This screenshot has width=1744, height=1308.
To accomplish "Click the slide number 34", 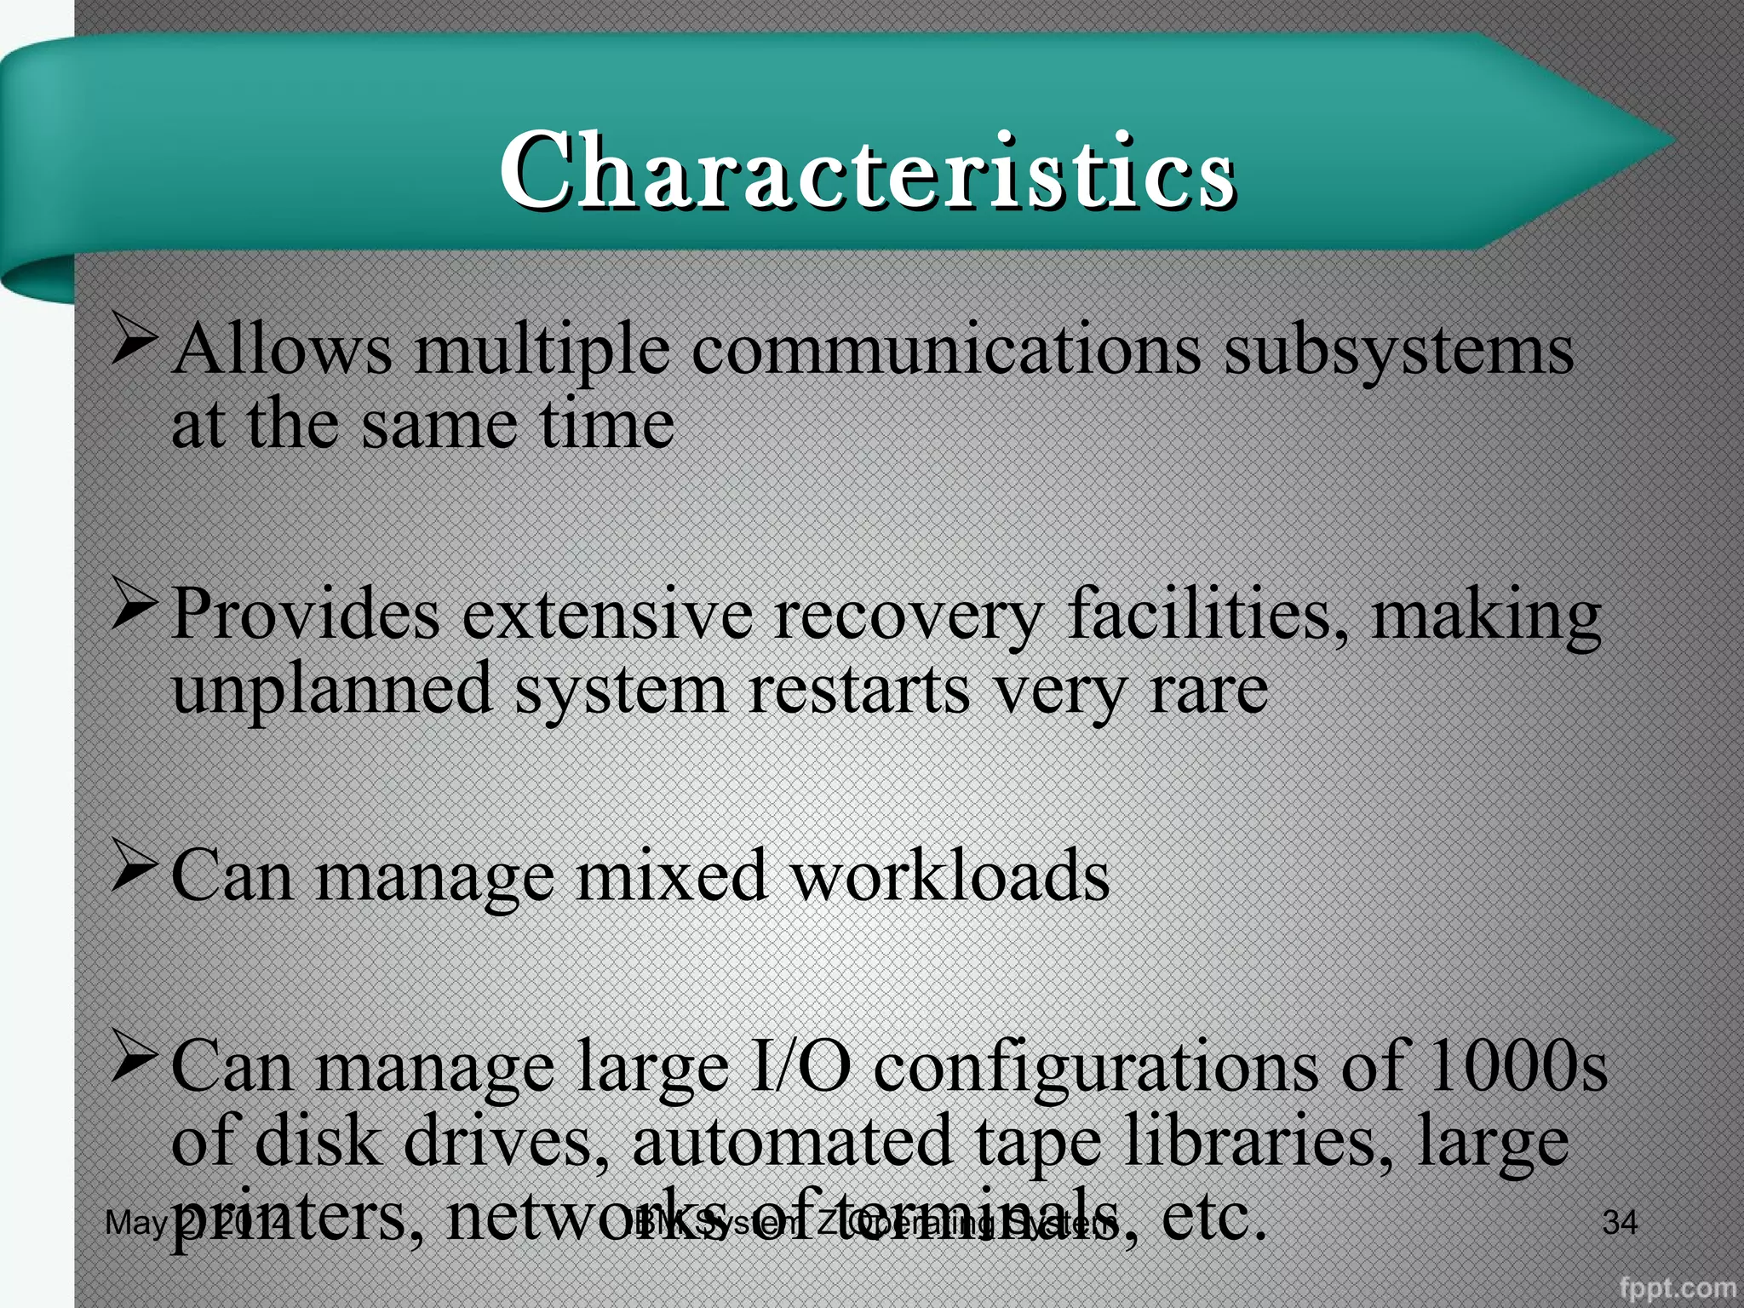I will point(1620,1223).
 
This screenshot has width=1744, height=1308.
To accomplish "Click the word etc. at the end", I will point(1213,1216).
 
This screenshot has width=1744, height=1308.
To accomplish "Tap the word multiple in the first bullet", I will point(542,351).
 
